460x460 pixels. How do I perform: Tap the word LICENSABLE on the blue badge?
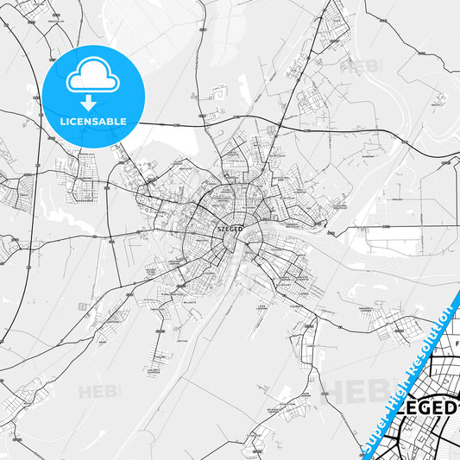pyautogui.click(x=93, y=121)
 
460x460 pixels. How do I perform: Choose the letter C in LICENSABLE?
pyautogui.click(x=72, y=121)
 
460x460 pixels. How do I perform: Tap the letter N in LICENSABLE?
pyautogui.click(x=87, y=121)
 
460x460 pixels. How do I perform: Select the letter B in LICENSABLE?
pyautogui.click(x=110, y=121)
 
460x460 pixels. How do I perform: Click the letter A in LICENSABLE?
pyautogui.click(x=103, y=121)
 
